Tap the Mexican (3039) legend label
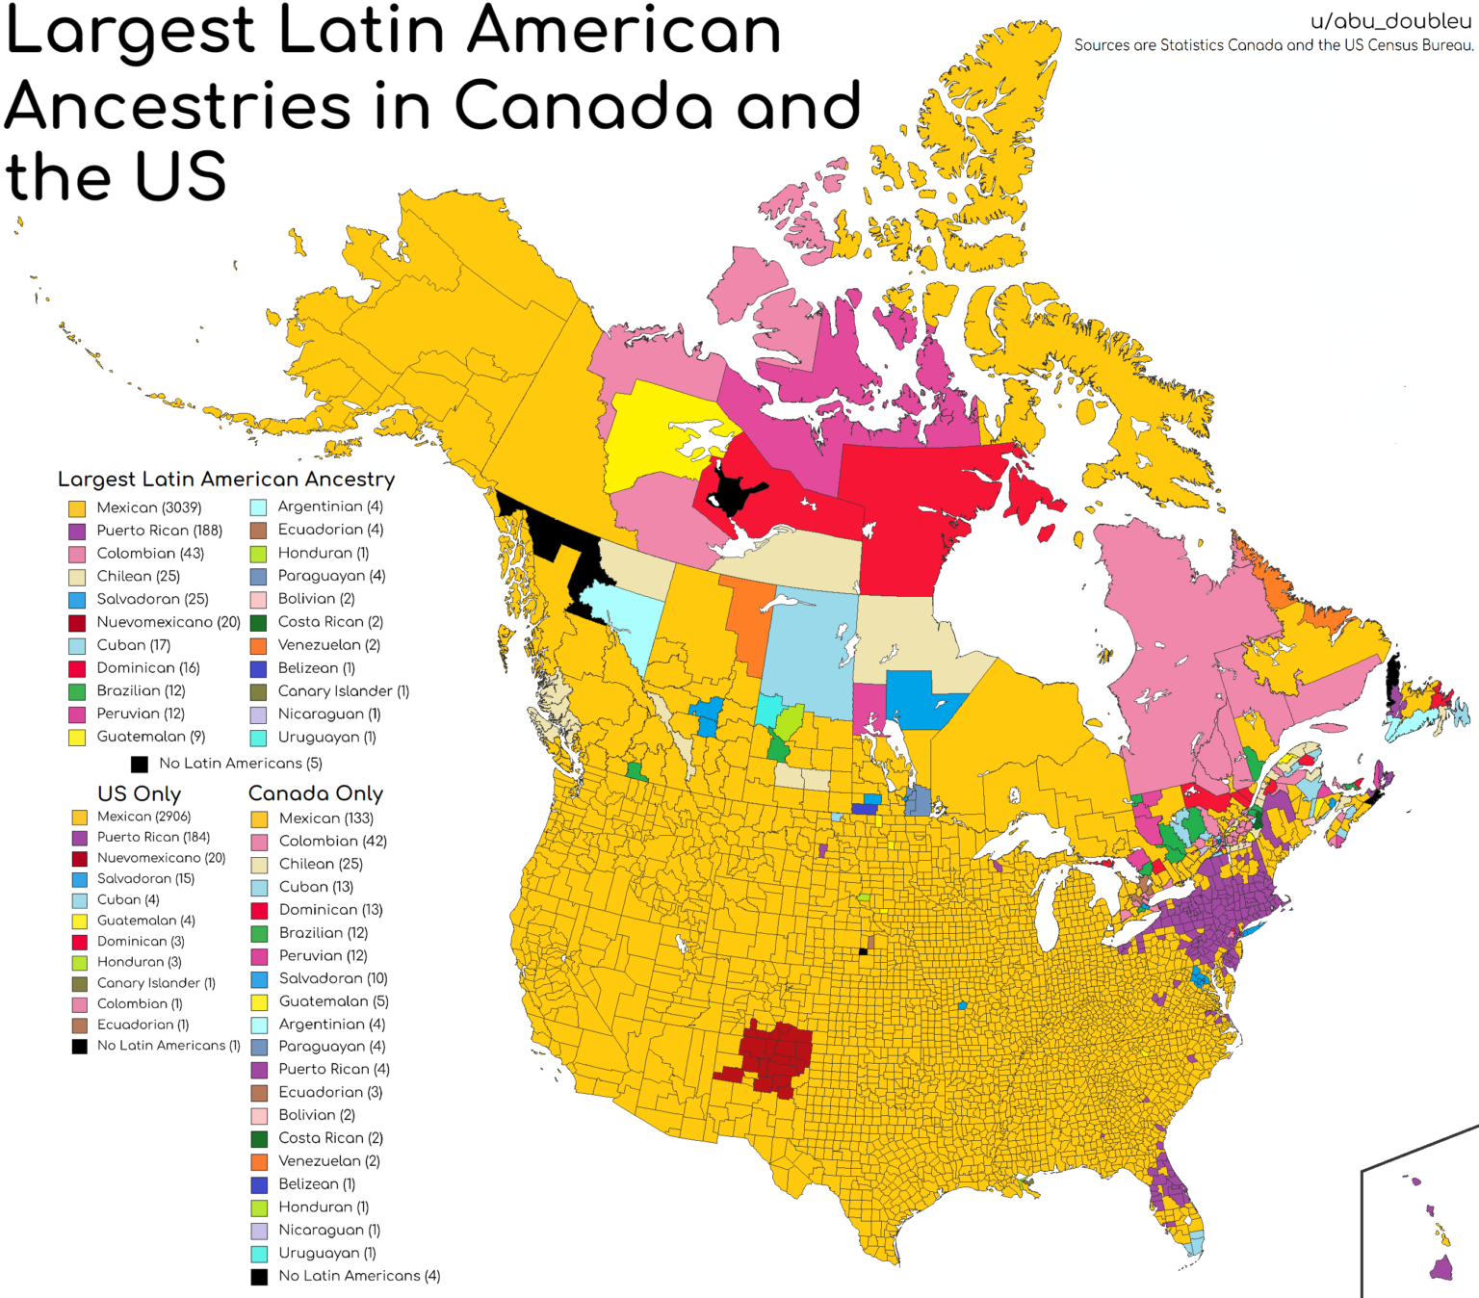coord(148,507)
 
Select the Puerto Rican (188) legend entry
coord(159,531)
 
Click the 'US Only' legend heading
coord(139,793)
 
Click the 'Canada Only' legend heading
coord(316,793)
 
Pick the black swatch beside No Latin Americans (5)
coord(140,764)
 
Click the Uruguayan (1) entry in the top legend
coord(326,737)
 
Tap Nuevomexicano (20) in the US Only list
coord(161,858)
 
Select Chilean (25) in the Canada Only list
coord(321,864)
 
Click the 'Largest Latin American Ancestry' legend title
coord(226,480)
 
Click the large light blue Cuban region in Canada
coord(804,655)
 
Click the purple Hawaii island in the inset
coord(1441,1268)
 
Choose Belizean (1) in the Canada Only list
coord(317,1183)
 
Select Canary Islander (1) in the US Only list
coord(156,983)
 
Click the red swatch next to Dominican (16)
coord(77,668)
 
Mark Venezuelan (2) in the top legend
coord(328,645)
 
